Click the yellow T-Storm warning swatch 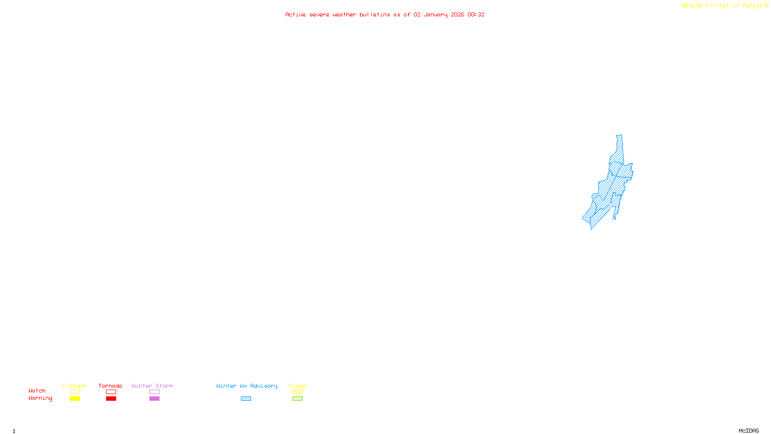pyautogui.click(x=75, y=399)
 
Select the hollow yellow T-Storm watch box pyautogui.click(x=75, y=392)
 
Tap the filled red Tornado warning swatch pyautogui.click(x=111, y=399)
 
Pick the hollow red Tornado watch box pyautogui.click(x=111, y=392)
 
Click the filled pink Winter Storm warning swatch pyautogui.click(x=154, y=399)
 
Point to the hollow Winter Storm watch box pyautogui.click(x=154, y=392)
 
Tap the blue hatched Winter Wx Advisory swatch pyautogui.click(x=246, y=399)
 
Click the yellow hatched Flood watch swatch pyautogui.click(x=297, y=392)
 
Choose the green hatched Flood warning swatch pyautogui.click(x=297, y=399)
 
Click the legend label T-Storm pyautogui.click(x=74, y=386)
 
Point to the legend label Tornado pyautogui.click(x=110, y=386)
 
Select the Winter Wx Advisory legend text pyautogui.click(x=247, y=386)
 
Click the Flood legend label pyautogui.click(x=297, y=386)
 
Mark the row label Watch pyautogui.click(x=37, y=391)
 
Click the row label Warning pyautogui.click(x=40, y=398)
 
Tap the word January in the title pyautogui.click(x=436, y=14)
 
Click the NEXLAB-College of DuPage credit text pyautogui.click(x=722, y=6)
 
